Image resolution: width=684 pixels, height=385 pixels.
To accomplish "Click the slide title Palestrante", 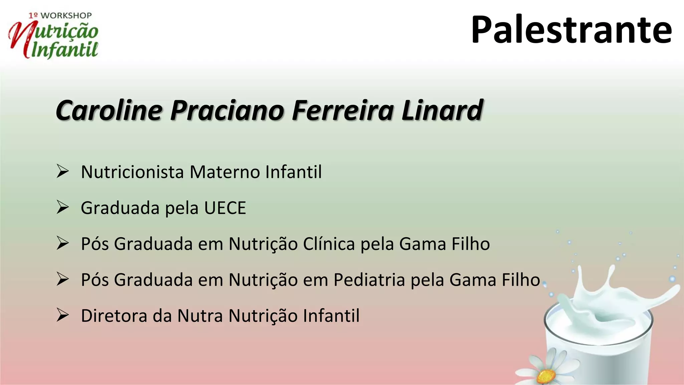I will point(571,30).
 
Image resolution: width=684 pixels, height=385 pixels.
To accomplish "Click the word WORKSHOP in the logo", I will point(66,16).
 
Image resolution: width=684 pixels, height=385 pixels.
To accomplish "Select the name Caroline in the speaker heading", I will point(109,110).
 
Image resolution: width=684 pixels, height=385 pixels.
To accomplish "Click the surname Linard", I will point(442,110).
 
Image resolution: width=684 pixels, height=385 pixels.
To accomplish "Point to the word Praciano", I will point(227,110).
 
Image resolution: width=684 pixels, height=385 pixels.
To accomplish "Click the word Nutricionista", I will point(132,172).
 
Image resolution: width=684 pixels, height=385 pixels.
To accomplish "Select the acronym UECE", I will point(225,208).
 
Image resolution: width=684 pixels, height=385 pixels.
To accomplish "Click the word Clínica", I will point(329,244).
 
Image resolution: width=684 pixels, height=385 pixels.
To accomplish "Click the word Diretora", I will point(114,316).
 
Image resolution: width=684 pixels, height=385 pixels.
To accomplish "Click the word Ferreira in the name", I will point(343,110).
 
